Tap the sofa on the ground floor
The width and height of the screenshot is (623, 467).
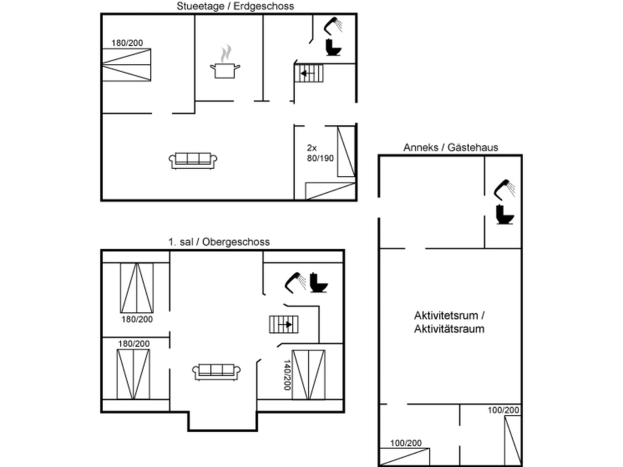(x=193, y=161)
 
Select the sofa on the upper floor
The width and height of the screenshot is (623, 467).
(x=216, y=372)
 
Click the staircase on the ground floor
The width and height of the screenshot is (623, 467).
(x=309, y=73)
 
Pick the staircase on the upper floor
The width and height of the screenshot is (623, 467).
(x=284, y=324)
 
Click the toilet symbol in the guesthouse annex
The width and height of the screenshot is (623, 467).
(x=505, y=215)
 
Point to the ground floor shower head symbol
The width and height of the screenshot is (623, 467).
(x=333, y=26)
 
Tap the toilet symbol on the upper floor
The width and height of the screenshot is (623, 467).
(x=318, y=283)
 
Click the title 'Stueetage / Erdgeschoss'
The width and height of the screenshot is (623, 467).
(x=235, y=6)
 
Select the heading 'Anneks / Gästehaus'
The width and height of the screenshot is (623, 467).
(x=451, y=147)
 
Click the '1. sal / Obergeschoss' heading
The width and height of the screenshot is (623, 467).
(x=219, y=242)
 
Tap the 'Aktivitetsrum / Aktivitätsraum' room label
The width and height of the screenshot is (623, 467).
(x=449, y=322)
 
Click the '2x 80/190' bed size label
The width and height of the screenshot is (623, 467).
(x=320, y=153)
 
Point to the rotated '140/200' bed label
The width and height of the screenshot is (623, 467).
(x=287, y=375)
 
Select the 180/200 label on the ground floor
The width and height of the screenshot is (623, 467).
(x=127, y=43)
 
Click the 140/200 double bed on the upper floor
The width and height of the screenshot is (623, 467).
(x=308, y=375)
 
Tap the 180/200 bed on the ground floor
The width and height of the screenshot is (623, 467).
(x=126, y=65)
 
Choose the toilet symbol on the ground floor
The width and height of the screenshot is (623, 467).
(x=333, y=47)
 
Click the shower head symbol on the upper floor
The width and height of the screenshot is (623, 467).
(x=295, y=283)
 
